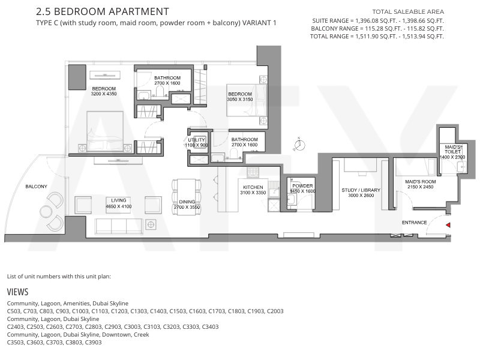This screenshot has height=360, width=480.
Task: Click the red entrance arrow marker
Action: coord(448,225)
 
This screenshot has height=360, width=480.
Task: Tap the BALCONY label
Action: coord(36,187)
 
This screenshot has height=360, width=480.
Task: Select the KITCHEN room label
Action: coord(253,187)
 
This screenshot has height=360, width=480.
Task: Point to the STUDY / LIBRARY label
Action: coord(361,190)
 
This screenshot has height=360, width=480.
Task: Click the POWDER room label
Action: coord(302,186)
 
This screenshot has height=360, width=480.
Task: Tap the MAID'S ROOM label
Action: coord(421,182)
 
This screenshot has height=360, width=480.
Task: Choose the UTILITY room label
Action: coord(196,140)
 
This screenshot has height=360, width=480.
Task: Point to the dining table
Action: coord(187,197)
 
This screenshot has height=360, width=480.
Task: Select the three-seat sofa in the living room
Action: coord(118,227)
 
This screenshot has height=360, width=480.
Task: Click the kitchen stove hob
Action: coord(253,172)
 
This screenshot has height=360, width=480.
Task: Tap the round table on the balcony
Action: coord(47,211)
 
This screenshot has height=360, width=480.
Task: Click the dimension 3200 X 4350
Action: coord(104,94)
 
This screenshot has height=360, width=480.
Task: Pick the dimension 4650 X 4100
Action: coord(118,206)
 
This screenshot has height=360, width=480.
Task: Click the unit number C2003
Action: coord(275,311)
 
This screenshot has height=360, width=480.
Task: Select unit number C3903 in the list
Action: coord(93,342)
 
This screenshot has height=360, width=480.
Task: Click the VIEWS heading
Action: coord(18,292)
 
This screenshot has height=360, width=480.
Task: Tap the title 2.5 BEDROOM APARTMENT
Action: coord(103,11)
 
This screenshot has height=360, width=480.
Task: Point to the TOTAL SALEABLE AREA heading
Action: coord(408,12)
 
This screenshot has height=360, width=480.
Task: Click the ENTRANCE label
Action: coord(414,223)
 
